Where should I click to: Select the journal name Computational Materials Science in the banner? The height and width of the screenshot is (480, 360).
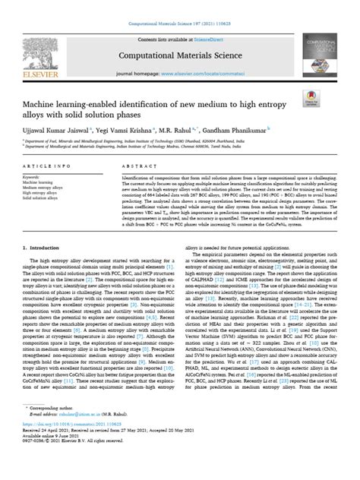click(180, 55)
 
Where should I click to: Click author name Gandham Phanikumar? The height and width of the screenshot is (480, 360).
click(254, 143)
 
